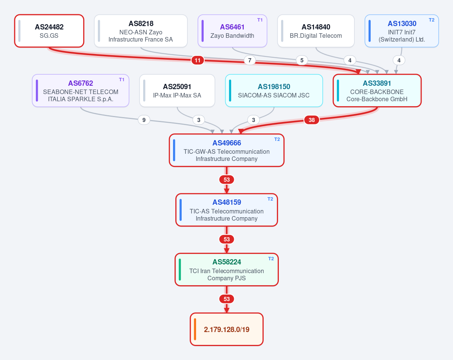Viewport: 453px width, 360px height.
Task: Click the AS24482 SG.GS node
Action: pyautogui.click(x=49, y=31)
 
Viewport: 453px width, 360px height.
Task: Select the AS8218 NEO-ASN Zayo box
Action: pyautogui.click(x=141, y=31)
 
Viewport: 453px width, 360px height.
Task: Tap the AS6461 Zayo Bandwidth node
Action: pyautogui.click(x=232, y=31)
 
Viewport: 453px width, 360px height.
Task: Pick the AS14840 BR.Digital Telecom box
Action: pyautogui.click(x=316, y=31)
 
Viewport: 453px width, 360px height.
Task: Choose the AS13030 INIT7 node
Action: pyautogui.click(x=402, y=31)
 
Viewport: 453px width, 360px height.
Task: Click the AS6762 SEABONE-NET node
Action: pyautogui.click(x=80, y=91)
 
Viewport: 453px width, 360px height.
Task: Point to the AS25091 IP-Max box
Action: pyautogui.click(x=177, y=91)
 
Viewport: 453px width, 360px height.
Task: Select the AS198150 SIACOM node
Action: pyautogui.click(x=274, y=91)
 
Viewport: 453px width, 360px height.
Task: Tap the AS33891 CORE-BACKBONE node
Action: pyautogui.click(x=377, y=91)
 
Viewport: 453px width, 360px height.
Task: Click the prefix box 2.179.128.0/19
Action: pyautogui.click(x=227, y=329)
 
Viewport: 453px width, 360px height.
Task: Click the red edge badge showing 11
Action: pyautogui.click(x=198, y=60)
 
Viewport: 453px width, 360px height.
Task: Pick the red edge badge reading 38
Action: pyautogui.click(x=311, y=120)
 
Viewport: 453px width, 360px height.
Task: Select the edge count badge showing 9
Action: pyautogui.click(x=144, y=120)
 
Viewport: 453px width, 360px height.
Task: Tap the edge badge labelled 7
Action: pyautogui.click(x=250, y=60)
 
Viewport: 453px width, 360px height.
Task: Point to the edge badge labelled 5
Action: pyautogui.click(x=302, y=60)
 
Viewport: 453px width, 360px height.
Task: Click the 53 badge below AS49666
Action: pyautogui.click(x=227, y=180)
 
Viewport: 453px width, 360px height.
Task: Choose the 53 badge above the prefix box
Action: pyautogui.click(x=227, y=299)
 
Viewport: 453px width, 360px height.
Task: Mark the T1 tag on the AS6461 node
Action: pyautogui.click(x=260, y=20)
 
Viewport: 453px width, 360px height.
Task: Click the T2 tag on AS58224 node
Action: pyautogui.click(x=271, y=259)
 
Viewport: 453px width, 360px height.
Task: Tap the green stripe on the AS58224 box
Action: pyautogui.click(x=180, y=270)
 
